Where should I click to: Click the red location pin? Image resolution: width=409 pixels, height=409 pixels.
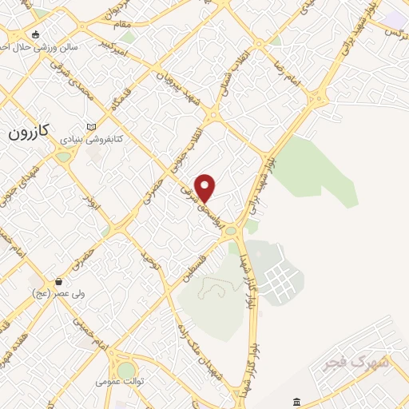[x=205, y=187]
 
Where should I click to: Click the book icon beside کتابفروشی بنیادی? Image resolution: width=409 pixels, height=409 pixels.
[x=90, y=127]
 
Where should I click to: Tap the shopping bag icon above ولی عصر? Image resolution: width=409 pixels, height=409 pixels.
[x=59, y=281]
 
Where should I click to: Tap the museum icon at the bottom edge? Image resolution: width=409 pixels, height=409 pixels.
[x=296, y=400]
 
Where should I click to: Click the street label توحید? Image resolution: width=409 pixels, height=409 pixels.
[x=151, y=257]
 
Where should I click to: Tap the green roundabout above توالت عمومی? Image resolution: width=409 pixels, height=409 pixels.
[x=126, y=369]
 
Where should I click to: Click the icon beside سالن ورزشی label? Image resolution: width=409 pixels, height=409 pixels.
[x=34, y=35]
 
